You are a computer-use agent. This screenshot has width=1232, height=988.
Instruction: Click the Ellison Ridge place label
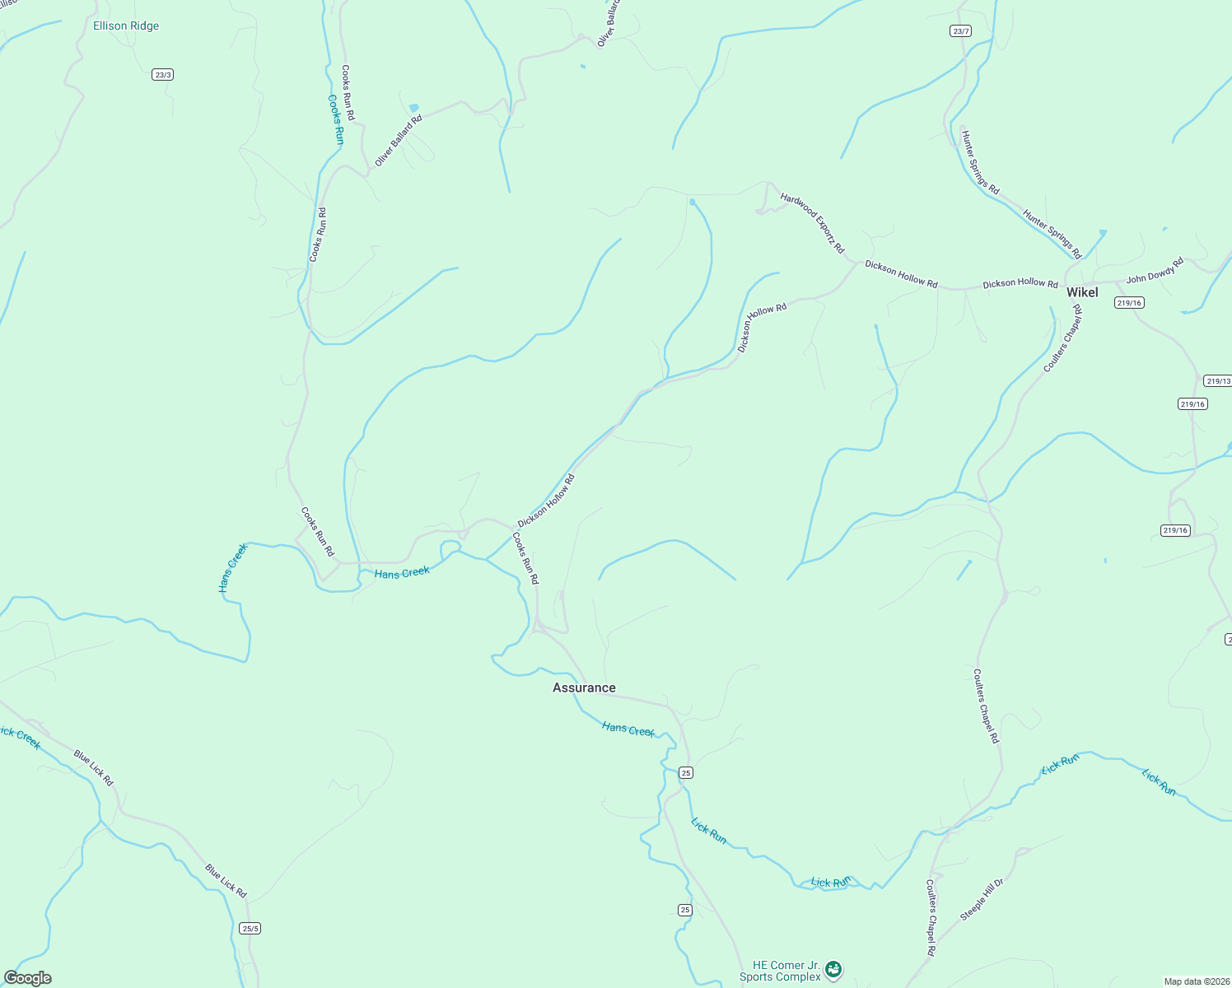pyautogui.click(x=126, y=26)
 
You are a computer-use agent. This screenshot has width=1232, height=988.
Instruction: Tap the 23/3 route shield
pyautogui.click(x=162, y=75)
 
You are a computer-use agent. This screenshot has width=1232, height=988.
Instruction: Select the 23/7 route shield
pyautogui.click(x=960, y=31)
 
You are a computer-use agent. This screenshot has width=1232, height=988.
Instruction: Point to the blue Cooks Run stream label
pyautogui.click(x=336, y=119)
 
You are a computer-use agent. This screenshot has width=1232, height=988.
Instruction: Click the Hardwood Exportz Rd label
pyautogui.click(x=812, y=222)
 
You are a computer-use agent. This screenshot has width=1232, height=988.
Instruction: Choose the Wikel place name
pyautogui.click(x=1082, y=292)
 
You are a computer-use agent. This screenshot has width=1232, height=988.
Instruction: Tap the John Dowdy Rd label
pyautogui.click(x=1155, y=270)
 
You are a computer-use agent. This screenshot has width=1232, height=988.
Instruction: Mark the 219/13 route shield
pyautogui.click(x=1217, y=380)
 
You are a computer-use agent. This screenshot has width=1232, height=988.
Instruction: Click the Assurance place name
pyautogui.click(x=584, y=687)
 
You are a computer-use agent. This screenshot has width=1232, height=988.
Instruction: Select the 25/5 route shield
pyautogui.click(x=250, y=928)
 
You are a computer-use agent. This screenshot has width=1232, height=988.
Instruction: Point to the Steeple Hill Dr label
pyautogui.click(x=982, y=900)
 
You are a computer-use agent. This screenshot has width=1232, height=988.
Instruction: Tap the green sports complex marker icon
pyautogui.click(x=833, y=971)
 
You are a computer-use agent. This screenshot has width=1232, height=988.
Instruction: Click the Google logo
pyautogui.click(x=28, y=978)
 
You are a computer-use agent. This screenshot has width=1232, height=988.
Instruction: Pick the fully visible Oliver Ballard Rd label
pyautogui.click(x=398, y=141)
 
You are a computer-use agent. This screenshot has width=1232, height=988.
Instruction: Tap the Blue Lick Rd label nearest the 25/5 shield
pyautogui.click(x=226, y=881)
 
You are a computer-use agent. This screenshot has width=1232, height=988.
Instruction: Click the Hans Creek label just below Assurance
pyautogui.click(x=628, y=729)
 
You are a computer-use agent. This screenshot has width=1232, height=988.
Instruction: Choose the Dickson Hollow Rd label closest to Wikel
pyautogui.click(x=1020, y=283)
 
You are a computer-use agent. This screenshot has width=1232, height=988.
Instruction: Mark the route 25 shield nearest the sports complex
pyautogui.click(x=685, y=910)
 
